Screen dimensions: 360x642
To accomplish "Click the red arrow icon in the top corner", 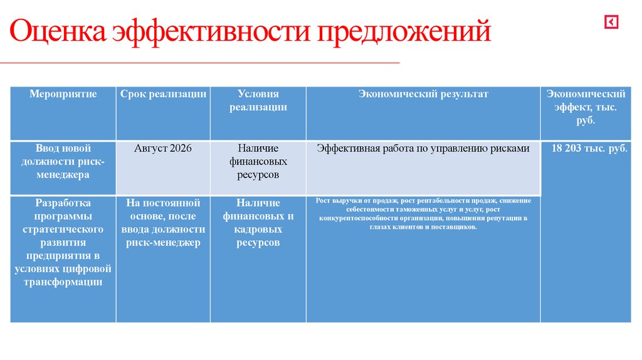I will click(x=611, y=23).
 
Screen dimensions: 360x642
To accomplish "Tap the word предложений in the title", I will click(x=403, y=32).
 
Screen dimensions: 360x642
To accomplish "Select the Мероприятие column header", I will click(x=63, y=94).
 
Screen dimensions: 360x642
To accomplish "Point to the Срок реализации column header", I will click(x=163, y=94).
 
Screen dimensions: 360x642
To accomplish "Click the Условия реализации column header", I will click(x=258, y=100).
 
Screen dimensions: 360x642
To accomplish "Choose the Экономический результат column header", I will click(x=423, y=94).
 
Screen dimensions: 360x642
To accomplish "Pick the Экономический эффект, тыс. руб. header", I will click(x=586, y=107).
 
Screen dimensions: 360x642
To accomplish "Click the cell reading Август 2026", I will click(x=163, y=149).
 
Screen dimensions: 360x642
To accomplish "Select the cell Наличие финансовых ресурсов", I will click(x=258, y=162).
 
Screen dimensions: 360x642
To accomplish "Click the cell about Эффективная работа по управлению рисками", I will click(x=423, y=149).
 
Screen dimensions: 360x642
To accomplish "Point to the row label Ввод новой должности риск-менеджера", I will click(x=63, y=162).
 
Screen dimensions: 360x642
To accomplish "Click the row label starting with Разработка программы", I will click(x=63, y=242).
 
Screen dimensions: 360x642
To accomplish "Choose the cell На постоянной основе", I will click(x=163, y=223).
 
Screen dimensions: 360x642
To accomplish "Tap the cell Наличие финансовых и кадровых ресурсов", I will click(x=258, y=223).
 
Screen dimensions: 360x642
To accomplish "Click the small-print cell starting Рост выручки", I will click(x=423, y=213).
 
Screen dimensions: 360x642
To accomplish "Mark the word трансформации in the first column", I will click(x=63, y=282).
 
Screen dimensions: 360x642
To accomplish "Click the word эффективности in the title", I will click(x=211, y=32).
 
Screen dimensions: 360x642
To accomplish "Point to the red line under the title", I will click(x=201, y=63).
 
